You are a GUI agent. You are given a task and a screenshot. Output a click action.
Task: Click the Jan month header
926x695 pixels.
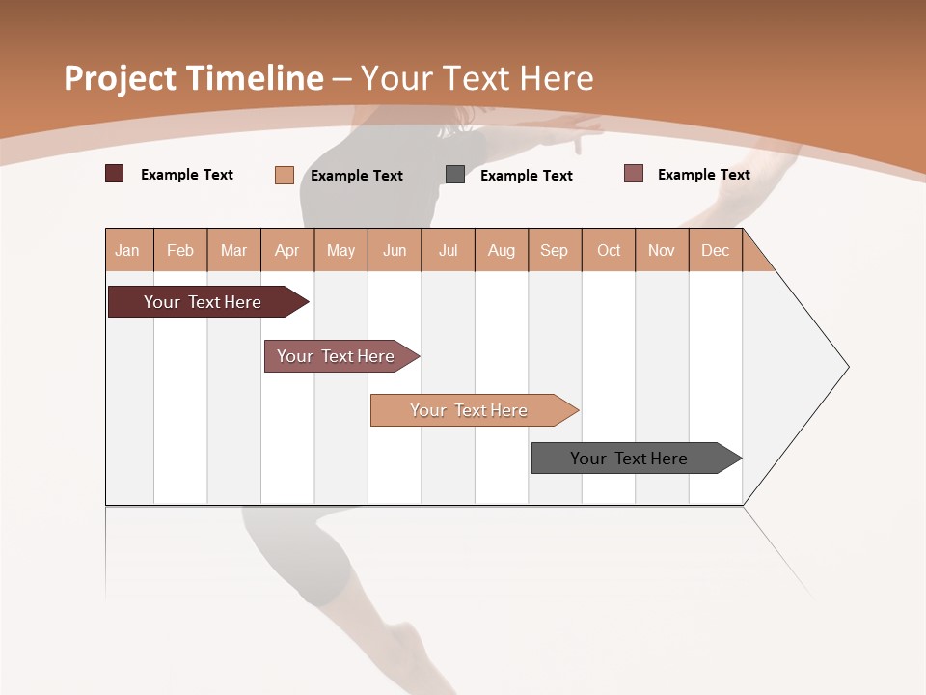(x=128, y=250)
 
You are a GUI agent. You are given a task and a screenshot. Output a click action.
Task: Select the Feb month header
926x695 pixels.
(x=180, y=250)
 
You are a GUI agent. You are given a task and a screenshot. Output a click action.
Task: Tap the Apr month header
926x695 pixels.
(x=287, y=250)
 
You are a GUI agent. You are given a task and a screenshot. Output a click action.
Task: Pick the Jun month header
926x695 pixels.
(x=395, y=250)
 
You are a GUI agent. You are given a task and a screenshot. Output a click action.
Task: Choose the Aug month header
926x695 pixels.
(x=502, y=250)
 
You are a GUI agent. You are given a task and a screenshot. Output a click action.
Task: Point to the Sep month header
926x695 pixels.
(x=555, y=250)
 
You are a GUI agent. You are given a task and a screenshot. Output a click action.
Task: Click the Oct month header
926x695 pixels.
(x=609, y=250)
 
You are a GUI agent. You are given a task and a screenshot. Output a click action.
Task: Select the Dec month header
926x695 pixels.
(x=716, y=250)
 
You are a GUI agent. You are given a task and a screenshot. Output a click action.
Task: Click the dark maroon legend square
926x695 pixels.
(x=115, y=174)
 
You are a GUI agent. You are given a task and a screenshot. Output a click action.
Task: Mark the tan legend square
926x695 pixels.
(x=285, y=175)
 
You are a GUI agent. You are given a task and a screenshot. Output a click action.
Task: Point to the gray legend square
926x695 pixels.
(x=455, y=175)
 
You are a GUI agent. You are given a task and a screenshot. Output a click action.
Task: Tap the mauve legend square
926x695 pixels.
(x=634, y=174)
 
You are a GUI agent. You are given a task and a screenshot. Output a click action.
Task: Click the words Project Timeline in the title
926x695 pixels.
(x=193, y=78)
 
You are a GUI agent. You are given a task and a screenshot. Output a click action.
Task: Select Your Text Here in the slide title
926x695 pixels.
(x=477, y=78)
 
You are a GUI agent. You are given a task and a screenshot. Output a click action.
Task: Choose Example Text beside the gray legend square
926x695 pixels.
(x=527, y=176)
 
